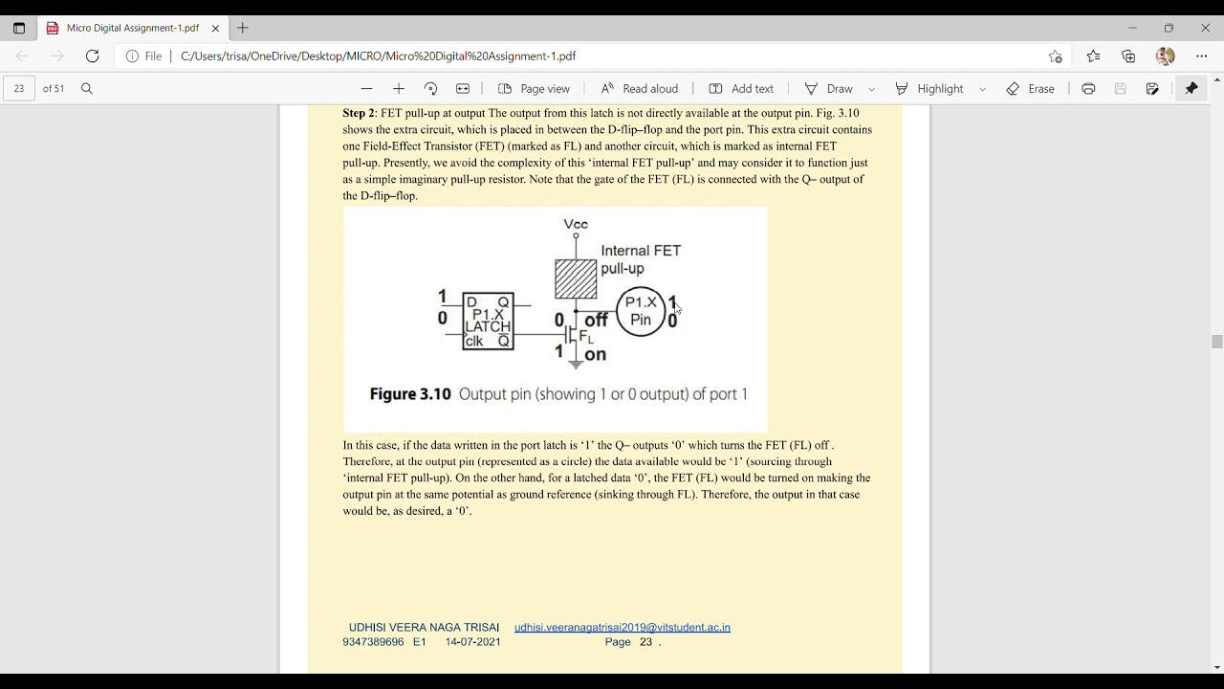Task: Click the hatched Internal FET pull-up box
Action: [576, 278]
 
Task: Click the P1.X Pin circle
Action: [641, 311]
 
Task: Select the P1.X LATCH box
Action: [488, 321]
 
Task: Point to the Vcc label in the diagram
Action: [576, 224]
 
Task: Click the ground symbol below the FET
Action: [576, 364]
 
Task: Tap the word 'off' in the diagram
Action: [596, 321]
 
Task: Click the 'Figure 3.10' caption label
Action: [409, 394]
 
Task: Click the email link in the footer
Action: [622, 628]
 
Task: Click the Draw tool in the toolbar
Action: [829, 89]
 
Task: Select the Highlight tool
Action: [929, 89]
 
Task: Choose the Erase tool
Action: [1030, 89]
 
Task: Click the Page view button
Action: [534, 89]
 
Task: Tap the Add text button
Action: [741, 89]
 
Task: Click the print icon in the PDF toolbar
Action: [1088, 89]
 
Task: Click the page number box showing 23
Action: [19, 89]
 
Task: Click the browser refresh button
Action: [93, 56]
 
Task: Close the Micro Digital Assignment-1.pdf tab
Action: [216, 29]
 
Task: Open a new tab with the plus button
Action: [243, 28]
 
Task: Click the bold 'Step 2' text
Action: [359, 113]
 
